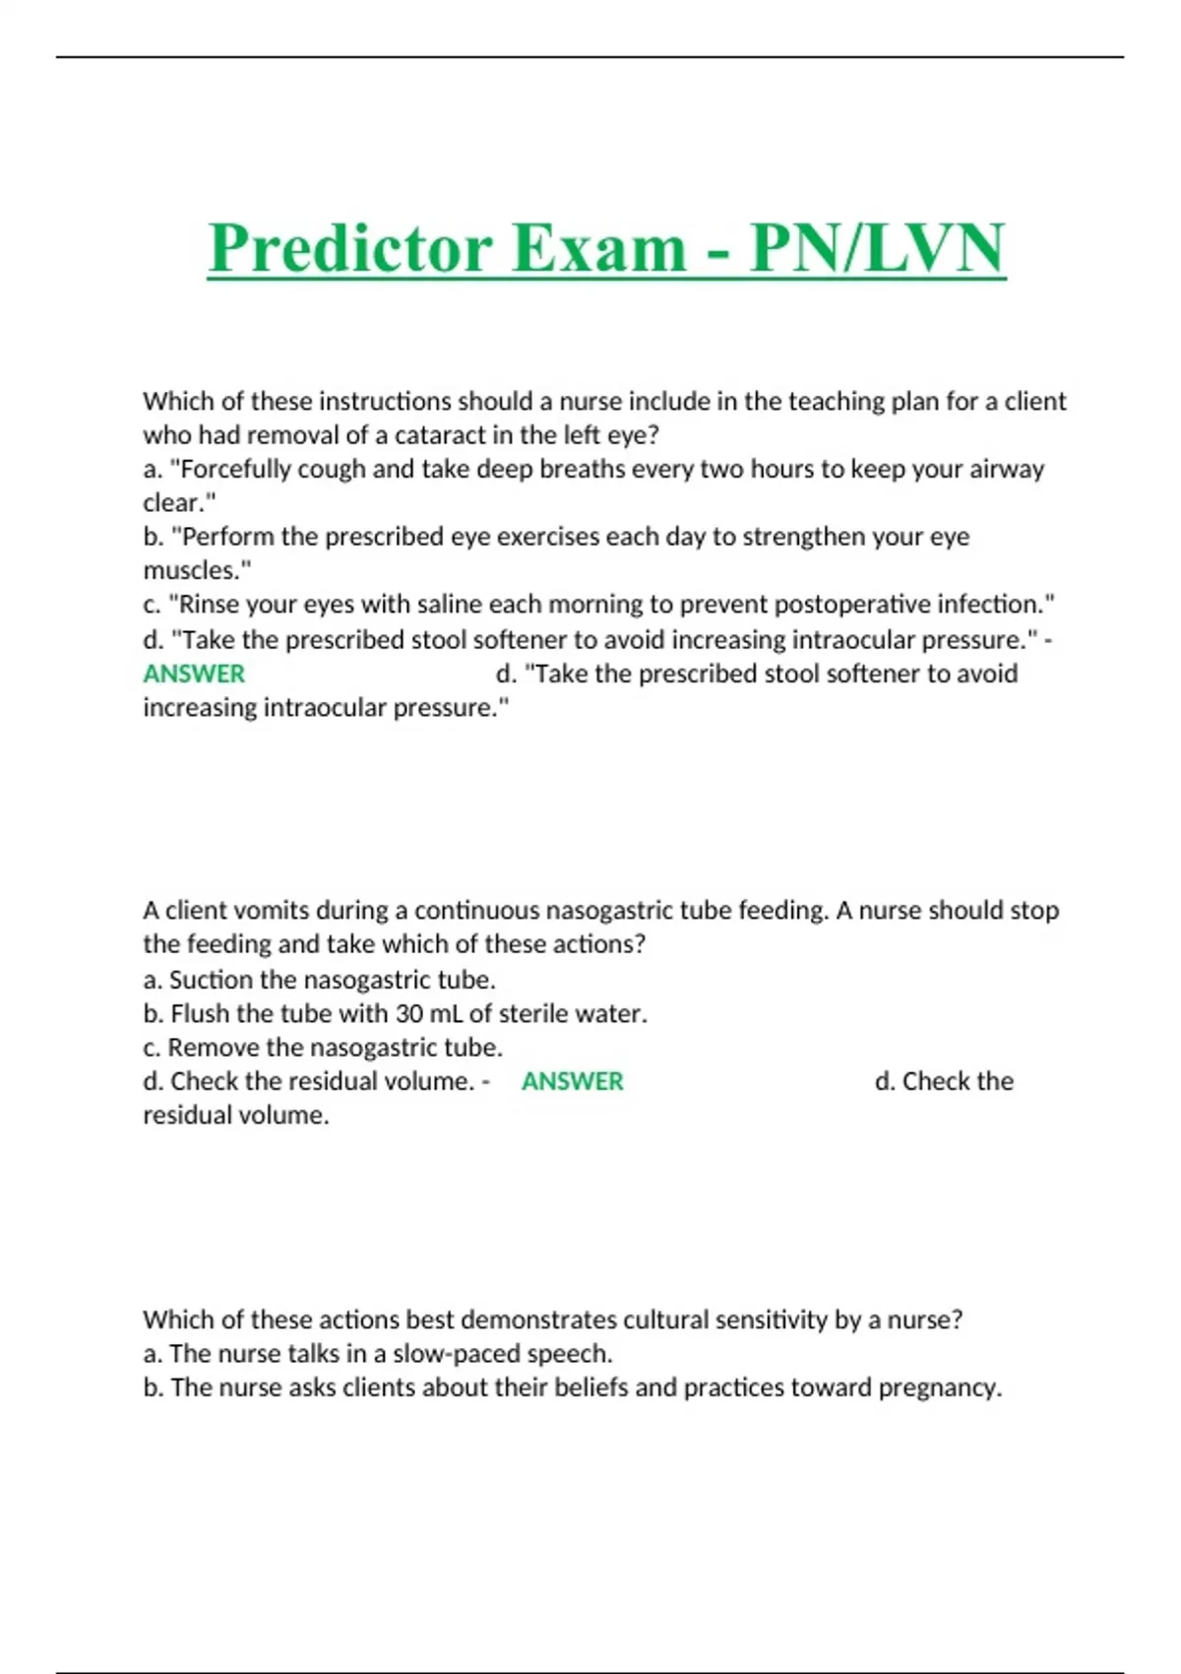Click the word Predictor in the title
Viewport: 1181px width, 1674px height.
click(x=349, y=248)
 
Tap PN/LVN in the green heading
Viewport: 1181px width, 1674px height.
click(x=877, y=248)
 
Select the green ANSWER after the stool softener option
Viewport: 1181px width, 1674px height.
click(x=194, y=675)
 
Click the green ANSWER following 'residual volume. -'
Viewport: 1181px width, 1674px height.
click(x=572, y=1081)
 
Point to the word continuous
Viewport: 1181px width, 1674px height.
click(x=476, y=911)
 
